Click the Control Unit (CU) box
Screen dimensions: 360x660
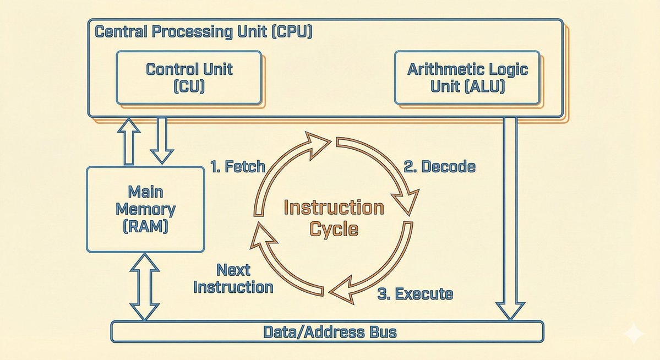[x=189, y=77]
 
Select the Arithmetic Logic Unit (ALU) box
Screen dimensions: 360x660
[x=467, y=77]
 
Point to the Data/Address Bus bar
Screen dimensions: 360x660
[x=328, y=332]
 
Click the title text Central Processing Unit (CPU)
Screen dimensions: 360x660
[x=204, y=31]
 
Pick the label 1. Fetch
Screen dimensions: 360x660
[x=238, y=166]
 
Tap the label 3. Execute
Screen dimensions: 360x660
[x=415, y=293]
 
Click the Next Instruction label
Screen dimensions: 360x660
[x=233, y=279]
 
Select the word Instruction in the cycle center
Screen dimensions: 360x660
[x=334, y=208]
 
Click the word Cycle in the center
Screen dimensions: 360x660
[x=334, y=228]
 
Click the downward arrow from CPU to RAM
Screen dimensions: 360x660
[x=162, y=140]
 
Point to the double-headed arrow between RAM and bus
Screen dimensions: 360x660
[x=144, y=286]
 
